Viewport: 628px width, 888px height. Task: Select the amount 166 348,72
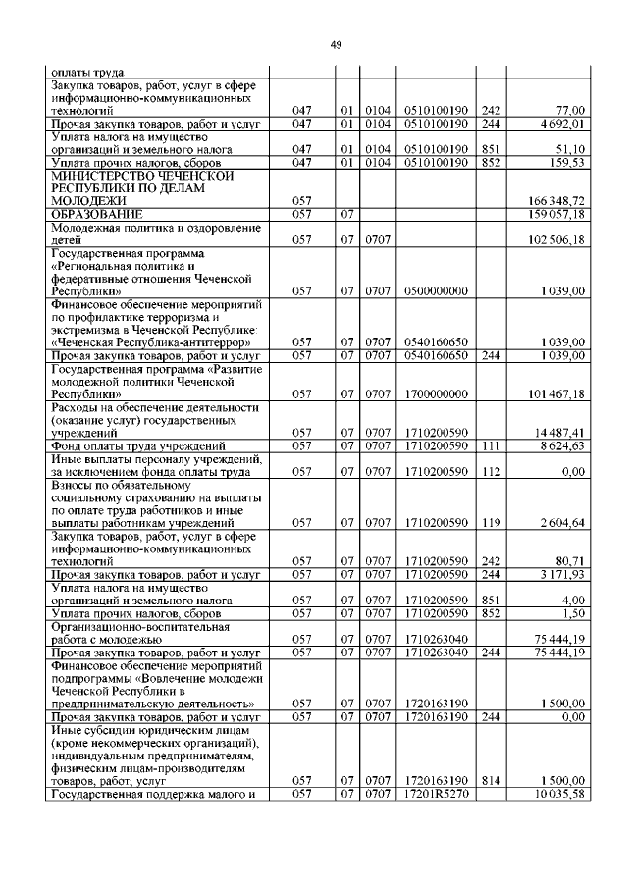[x=557, y=201]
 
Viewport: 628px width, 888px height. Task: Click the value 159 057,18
[x=557, y=214]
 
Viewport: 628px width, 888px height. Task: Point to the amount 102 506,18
[x=557, y=239]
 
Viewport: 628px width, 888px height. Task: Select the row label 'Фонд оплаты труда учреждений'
[x=131, y=445]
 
